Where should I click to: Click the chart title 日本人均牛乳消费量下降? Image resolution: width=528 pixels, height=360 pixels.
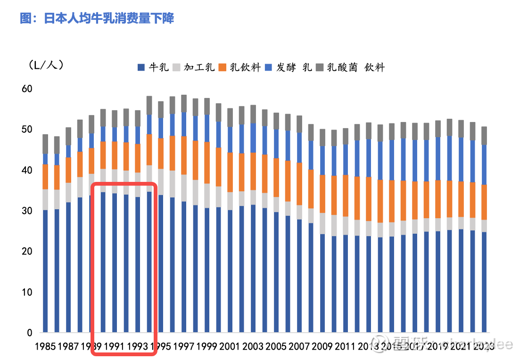97,18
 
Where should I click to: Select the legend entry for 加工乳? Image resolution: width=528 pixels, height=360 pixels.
195,67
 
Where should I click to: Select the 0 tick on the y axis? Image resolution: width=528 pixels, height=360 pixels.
29,333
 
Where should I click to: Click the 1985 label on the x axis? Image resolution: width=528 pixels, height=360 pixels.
46,346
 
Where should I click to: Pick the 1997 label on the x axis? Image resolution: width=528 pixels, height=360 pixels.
183,346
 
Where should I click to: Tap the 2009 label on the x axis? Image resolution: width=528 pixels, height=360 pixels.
322,346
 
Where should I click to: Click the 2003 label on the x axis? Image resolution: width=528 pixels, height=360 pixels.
253,346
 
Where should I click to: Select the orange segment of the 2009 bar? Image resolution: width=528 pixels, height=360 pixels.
322,194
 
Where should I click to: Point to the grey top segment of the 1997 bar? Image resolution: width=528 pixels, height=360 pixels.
184,103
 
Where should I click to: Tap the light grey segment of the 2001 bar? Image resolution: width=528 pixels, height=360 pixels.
230,201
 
